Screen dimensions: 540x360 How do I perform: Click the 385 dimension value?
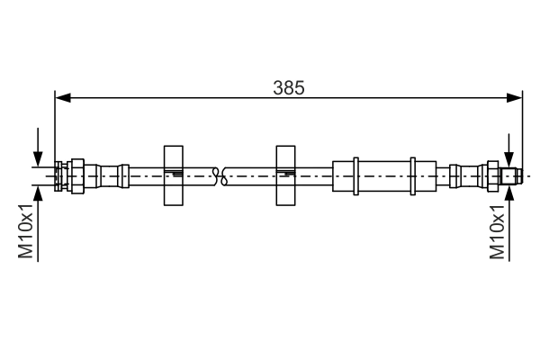click(289, 88)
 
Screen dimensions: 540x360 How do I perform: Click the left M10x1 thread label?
click(25, 231)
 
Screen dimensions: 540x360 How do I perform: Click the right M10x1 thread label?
click(497, 232)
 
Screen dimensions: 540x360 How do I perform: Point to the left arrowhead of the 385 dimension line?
click(63, 98)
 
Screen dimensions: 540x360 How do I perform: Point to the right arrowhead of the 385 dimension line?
click(514, 98)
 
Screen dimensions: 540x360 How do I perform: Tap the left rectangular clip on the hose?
click(173, 175)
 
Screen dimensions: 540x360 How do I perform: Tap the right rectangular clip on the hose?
click(285, 175)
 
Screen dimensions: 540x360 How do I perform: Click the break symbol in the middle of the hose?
click(220, 176)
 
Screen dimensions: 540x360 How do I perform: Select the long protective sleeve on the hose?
click(384, 176)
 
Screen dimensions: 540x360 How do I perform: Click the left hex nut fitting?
click(77, 176)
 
